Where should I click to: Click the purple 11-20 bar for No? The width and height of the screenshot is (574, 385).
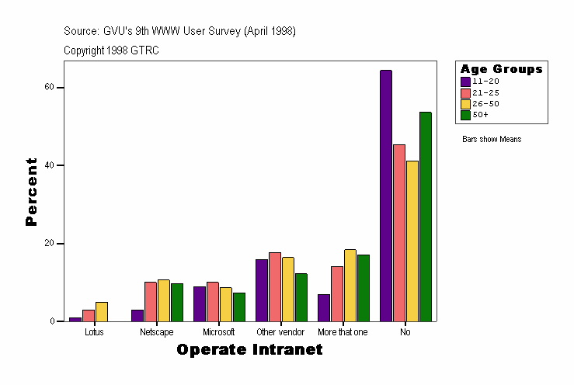click(x=386, y=196)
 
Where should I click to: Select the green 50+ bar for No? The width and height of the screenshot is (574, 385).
click(x=425, y=217)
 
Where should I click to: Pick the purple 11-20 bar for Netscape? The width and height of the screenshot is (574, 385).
click(x=137, y=315)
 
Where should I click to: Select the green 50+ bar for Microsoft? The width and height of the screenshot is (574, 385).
click(x=239, y=307)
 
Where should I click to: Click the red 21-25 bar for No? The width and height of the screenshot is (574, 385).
click(x=399, y=233)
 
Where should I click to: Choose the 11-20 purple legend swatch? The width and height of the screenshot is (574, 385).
click(x=465, y=82)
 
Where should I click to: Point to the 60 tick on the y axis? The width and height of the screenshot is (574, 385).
click(x=54, y=88)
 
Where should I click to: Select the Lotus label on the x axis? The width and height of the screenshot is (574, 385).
click(x=95, y=332)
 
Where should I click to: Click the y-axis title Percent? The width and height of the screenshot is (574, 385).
click(x=31, y=192)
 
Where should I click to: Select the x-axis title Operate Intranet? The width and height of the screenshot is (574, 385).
click(x=249, y=350)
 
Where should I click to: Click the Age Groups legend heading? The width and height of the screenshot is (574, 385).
click(x=502, y=69)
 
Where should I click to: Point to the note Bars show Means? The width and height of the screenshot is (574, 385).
click(x=492, y=140)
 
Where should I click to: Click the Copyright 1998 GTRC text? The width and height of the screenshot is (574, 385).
click(x=112, y=50)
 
